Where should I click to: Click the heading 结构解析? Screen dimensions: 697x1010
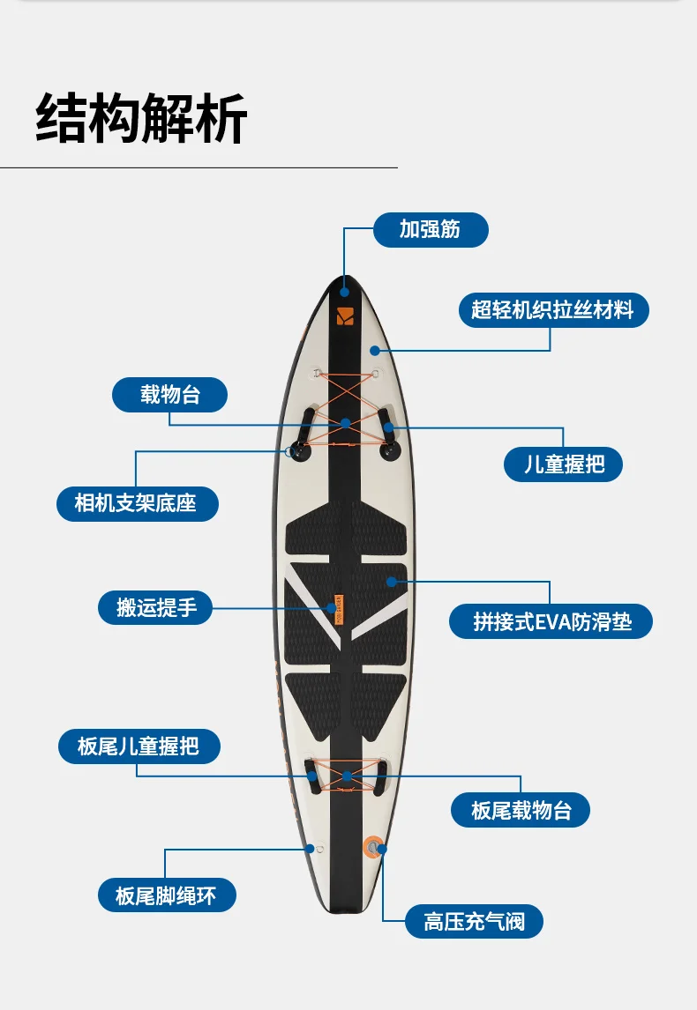[141, 118]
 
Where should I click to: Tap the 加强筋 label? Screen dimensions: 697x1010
[430, 230]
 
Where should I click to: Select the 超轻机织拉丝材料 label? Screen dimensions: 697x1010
[553, 310]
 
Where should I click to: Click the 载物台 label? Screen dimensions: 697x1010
[169, 395]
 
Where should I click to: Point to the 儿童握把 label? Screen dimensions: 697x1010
[563, 464]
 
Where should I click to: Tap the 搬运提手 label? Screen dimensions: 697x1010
[155, 607]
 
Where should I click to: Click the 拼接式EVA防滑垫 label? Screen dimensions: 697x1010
[551, 621]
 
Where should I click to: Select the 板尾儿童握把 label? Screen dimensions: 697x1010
[139, 746]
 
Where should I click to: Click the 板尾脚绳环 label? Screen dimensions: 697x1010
[166, 896]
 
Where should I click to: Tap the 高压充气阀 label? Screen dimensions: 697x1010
[474, 922]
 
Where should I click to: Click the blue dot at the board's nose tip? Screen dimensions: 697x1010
[344, 292]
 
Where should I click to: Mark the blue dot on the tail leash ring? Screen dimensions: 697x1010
[310, 849]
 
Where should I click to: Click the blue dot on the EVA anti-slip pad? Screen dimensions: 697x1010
[390, 581]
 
